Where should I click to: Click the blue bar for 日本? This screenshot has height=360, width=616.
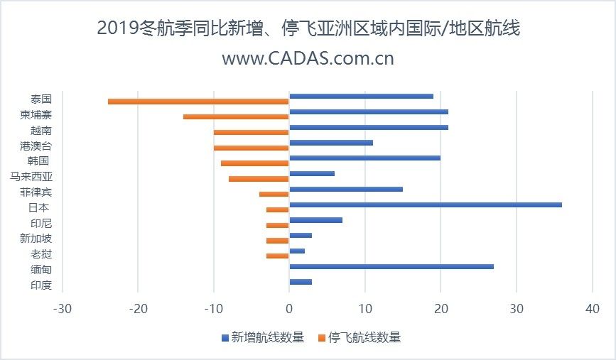[425, 204]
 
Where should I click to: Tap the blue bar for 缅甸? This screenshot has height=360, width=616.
[391, 266]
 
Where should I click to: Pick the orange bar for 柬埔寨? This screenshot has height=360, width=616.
[236, 116]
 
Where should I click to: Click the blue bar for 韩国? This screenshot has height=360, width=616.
[364, 158]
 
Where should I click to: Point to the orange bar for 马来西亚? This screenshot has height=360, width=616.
[259, 178]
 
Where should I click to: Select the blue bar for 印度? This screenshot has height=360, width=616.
[301, 282]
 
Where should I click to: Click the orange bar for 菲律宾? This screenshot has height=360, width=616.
[274, 194]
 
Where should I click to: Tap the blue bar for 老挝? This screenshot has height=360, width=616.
[297, 251]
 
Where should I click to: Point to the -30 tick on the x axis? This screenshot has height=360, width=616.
[63, 309]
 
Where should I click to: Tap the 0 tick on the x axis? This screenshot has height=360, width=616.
[289, 309]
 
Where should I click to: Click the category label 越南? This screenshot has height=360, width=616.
[41, 131]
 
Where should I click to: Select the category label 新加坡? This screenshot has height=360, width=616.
[36, 239]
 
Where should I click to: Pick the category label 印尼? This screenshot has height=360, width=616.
[41, 223]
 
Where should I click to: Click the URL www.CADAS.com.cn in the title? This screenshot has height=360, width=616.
[308, 58]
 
